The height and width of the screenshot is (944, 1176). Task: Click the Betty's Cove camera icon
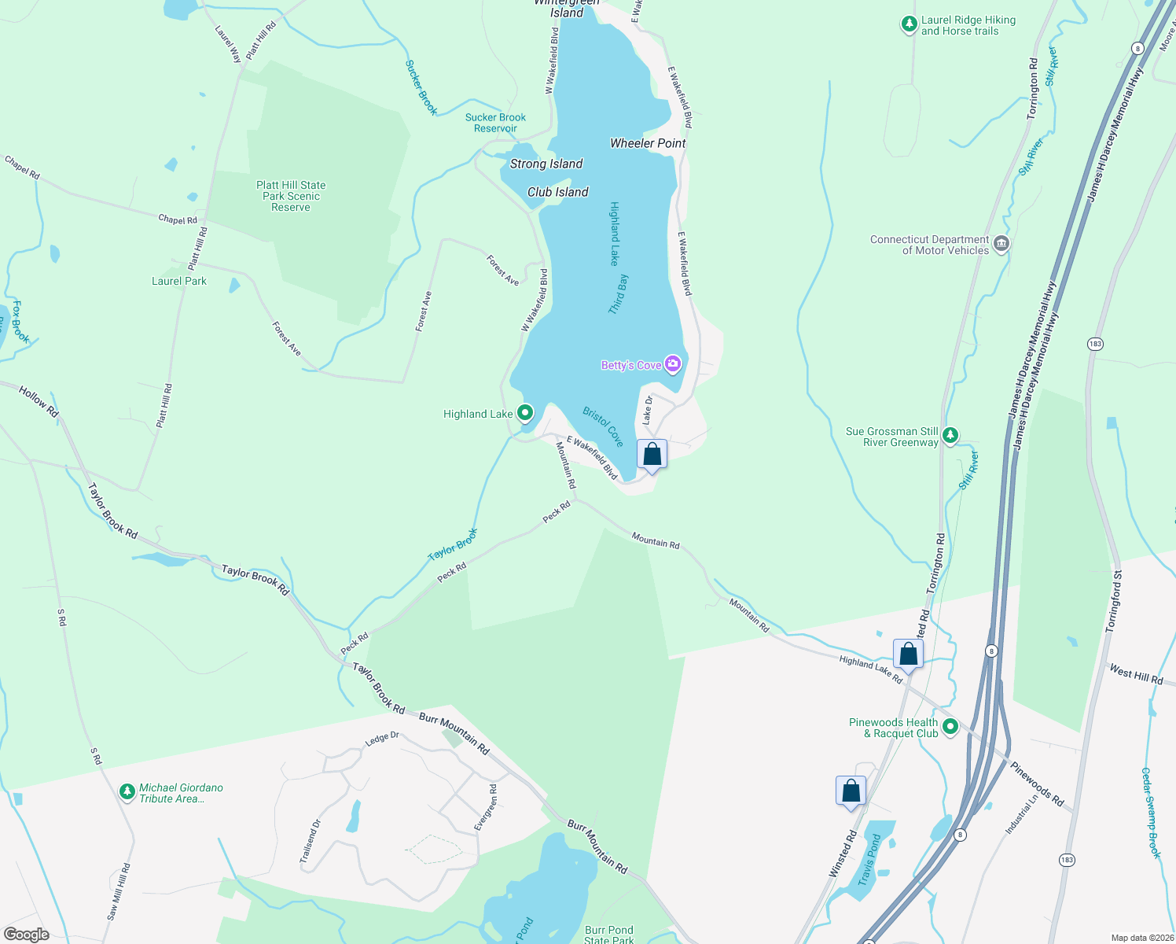[673, 364]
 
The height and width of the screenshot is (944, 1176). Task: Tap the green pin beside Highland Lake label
[525, 413]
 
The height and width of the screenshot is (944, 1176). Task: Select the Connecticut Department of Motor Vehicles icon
[1001, 244]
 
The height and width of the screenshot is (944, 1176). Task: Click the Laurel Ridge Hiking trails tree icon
[909, 25]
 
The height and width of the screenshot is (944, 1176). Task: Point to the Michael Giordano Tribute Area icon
[127, 792]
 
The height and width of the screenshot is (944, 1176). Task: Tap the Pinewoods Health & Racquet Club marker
[950, 727]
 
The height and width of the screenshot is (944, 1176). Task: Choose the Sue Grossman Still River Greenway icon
[950, 436]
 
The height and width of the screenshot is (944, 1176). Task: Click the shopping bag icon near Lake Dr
[652, 455]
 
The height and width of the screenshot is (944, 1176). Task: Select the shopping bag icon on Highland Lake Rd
[908, 655]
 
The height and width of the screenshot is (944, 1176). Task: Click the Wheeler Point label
[648, 143]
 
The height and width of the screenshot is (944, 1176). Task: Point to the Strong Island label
[546, 164]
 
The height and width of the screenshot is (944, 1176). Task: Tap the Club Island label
[557, 192]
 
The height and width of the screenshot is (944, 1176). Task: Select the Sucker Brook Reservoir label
[495, 123]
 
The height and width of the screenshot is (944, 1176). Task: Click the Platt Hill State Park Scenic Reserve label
[291, 196]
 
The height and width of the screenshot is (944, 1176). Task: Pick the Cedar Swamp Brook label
[1150, 813]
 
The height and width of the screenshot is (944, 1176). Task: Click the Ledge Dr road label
[382, 739]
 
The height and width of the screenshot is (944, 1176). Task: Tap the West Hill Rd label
[1135, 674]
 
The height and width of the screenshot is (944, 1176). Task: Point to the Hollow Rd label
[39, 401]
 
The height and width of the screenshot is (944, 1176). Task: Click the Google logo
[26, 934]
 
